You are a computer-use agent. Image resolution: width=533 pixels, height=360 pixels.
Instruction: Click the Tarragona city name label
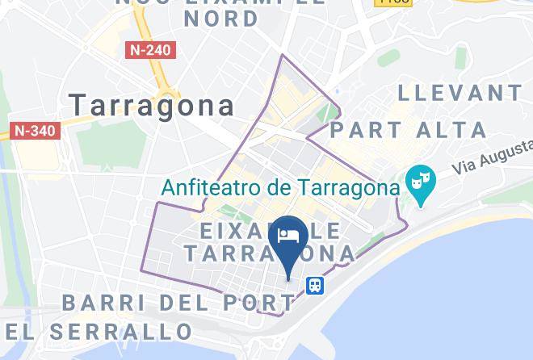pyautogui.click(x=152, y=105)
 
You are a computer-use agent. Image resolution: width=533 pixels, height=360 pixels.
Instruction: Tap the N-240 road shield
pyautogui.click(x=150, y=50)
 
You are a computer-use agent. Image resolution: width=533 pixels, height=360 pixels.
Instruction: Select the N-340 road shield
pyautogui.click(x=36, y=130)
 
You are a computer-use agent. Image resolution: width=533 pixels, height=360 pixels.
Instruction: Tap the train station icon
pyautogui.click(x=315, y=285)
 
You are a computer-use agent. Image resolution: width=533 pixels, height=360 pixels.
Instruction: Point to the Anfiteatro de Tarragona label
pyautogui.click(x=281, y=188)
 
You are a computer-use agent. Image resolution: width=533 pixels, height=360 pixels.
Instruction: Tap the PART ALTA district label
pyautogui.click(x=409, y=129)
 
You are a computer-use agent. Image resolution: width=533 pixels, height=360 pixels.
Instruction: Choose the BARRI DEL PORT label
pyautogui.click(x=178, y=303)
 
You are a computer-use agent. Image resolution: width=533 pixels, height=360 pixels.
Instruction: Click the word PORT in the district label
pyautogui.click(x=257, y=303)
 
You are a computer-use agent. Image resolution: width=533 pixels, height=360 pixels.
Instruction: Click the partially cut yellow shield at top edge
pyautogui.click(x=394, y=2)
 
